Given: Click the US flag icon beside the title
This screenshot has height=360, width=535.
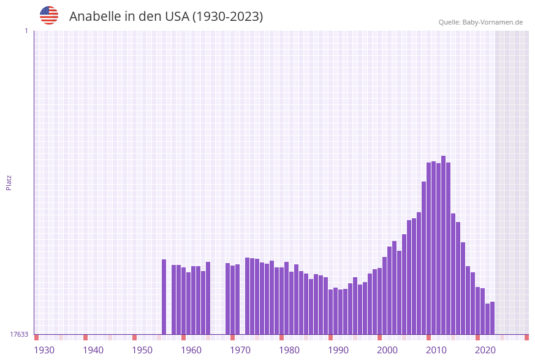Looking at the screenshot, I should [x=49, y=15].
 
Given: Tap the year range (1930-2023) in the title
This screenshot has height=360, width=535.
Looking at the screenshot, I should [x=227, y=17].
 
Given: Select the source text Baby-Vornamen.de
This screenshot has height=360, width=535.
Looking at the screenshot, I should [x=493, y=22].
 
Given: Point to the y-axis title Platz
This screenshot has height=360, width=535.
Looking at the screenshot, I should [x=9, y=182].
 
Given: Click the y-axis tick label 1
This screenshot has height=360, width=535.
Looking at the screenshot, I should [x=26, y=31].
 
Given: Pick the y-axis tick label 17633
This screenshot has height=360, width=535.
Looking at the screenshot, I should [x=19, y=334].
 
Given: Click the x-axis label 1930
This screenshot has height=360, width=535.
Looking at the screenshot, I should [x=44, y=350].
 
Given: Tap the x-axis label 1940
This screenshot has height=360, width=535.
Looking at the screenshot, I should [x=93, y=350].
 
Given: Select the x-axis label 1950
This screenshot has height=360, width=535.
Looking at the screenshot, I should [x=142, y=350].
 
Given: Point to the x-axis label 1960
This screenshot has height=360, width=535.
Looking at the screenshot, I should [x=191, y=350].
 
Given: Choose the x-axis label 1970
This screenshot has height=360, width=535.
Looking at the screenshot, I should [x=240, y=350].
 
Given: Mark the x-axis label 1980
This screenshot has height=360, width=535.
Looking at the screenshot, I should [x=289, y=350].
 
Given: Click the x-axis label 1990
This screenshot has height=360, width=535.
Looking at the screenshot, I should [x=338, y=350].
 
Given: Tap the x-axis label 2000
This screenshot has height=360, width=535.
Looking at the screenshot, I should [x=387, y=350].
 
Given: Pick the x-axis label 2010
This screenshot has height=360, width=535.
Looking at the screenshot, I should [x=436, y=350].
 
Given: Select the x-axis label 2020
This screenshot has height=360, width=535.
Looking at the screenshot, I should [x=485, y=350].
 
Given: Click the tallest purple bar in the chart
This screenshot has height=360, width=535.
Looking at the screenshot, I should [x=443, y=245].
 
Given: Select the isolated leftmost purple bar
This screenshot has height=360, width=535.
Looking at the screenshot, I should [x=164, y=297].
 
